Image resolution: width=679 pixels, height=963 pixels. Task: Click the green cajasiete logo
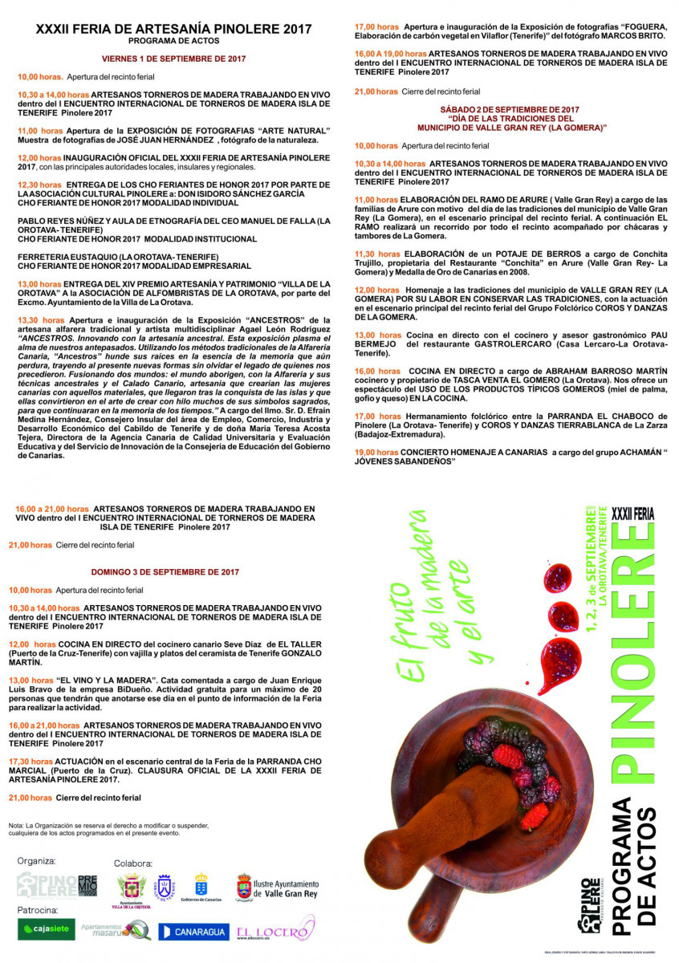(47, 929)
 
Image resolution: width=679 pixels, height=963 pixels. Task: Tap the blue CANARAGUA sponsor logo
(193, 932)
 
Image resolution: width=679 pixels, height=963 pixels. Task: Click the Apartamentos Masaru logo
(116, 929)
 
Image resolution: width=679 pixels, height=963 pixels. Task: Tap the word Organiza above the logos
(37, 860)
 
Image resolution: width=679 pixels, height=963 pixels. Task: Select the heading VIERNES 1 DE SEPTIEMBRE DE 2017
(174, 59)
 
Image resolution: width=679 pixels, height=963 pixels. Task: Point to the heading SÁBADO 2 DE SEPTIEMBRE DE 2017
(510, 109)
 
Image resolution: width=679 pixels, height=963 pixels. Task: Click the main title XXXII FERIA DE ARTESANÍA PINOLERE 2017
(174, 28)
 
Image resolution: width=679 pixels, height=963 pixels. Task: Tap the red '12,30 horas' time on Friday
(40, 185)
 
